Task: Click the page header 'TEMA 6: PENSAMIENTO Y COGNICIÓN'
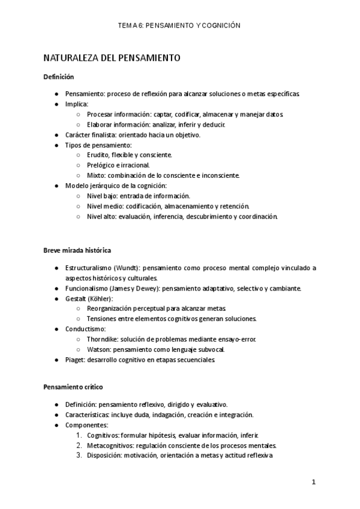(179, 25)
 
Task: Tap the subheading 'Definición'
(58, 77)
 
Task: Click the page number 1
(313, 482)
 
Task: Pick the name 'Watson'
(98, 349)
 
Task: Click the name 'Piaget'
(74, 360)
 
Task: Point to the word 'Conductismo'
(85, 329)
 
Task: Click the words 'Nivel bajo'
(101, 196)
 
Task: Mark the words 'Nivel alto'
(101, 216)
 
